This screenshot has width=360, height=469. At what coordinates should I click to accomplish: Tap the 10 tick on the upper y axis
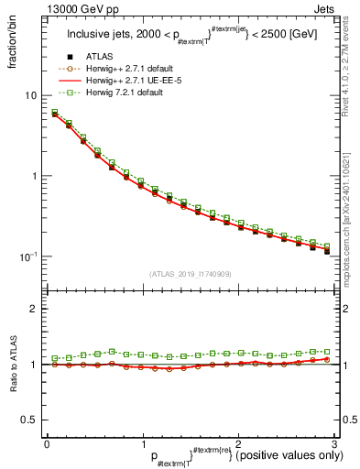[x=30, y=96]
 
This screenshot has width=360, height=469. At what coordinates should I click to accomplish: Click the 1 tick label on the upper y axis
[x=34, y=176]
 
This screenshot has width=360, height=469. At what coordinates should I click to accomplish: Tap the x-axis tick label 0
[x=47, y=442]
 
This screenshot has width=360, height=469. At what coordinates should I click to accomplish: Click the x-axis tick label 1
[x=142, y=442]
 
